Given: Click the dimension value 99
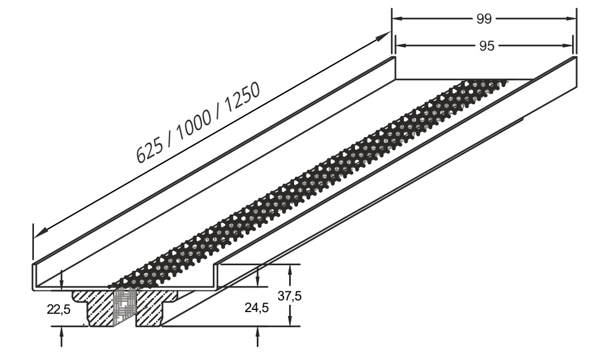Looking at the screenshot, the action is (484, 18).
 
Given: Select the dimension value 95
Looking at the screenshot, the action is (486, 46).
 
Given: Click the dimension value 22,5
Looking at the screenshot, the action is (58, 309).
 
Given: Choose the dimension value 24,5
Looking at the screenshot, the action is (257, 308).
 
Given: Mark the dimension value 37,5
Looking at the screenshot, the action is (290, 296).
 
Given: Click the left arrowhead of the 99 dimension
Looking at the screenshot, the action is (398, 18).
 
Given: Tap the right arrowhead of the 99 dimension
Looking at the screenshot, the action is (571, 18).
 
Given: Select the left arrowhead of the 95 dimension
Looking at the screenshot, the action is (402, 46).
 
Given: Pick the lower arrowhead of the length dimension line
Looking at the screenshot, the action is (40, 233).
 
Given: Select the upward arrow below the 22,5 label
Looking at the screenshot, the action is (61, 336).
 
